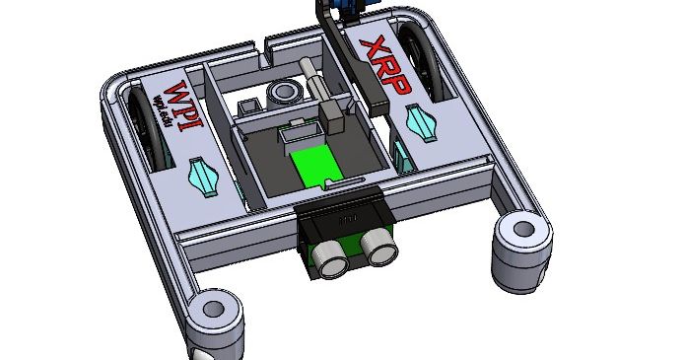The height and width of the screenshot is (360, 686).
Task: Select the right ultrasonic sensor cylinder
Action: tap(377, 247)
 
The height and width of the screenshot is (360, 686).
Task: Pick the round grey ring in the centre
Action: tap(286, 93)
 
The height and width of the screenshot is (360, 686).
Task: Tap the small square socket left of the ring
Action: tap(250, 105)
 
